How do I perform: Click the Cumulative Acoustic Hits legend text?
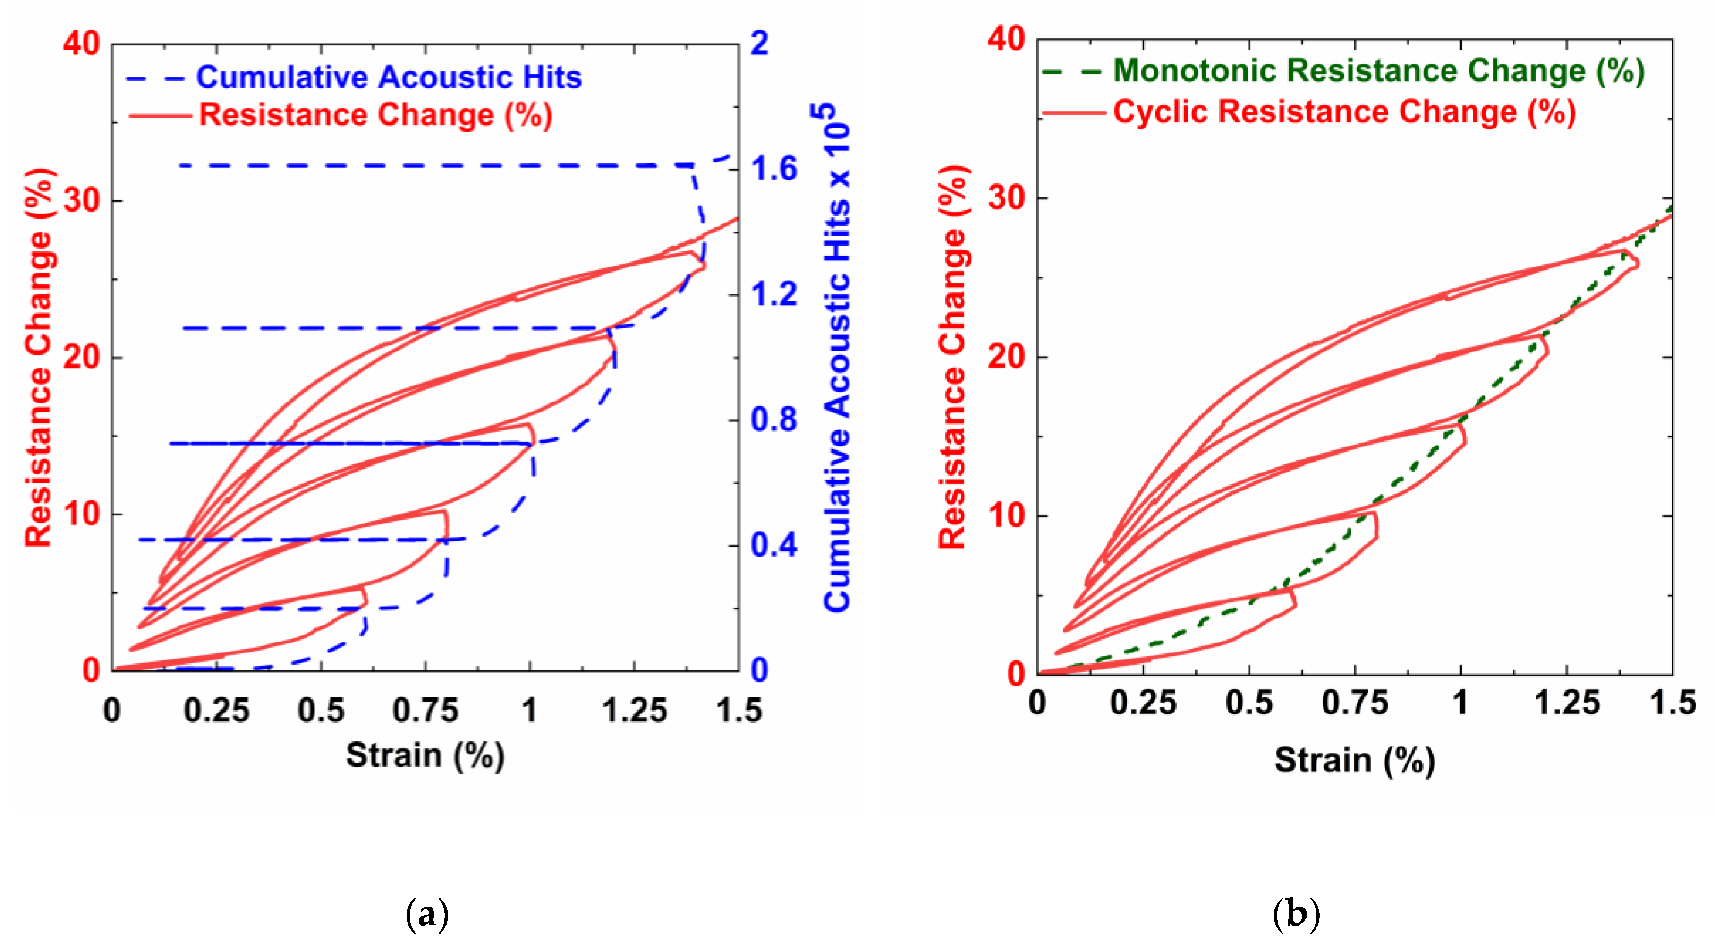[x=389, y=77]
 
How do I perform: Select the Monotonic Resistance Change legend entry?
[x=1378, y=70]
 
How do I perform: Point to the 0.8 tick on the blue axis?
[x=773, y=420]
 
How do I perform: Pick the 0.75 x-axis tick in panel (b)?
[x=1354, y=703]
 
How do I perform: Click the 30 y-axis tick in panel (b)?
[x=1006, y=198]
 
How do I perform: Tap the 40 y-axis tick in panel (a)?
[x=81, y=43]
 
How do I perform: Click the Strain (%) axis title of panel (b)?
[x=1354, y=760]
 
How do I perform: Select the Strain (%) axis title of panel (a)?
[x=425, y=755]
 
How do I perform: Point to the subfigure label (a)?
[x=427, y=915]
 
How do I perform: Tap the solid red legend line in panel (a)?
[x=160, y=116]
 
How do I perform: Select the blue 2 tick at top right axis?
[x=760, y=43]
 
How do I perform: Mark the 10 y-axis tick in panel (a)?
[x=81, y=514]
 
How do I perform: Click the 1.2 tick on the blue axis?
[x=773, y=294]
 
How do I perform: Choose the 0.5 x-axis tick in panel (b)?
[x=1248, y=703]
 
